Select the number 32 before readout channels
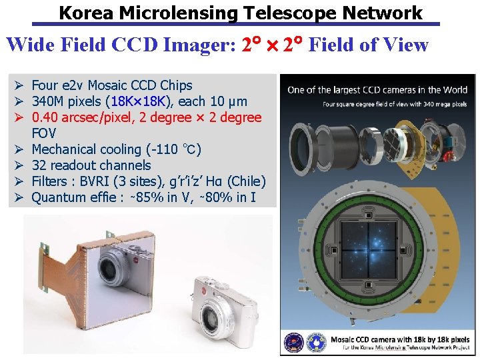pyautogui.click(x=39, y=165)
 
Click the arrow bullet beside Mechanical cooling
pyautogui.click(x=19, y=149)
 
